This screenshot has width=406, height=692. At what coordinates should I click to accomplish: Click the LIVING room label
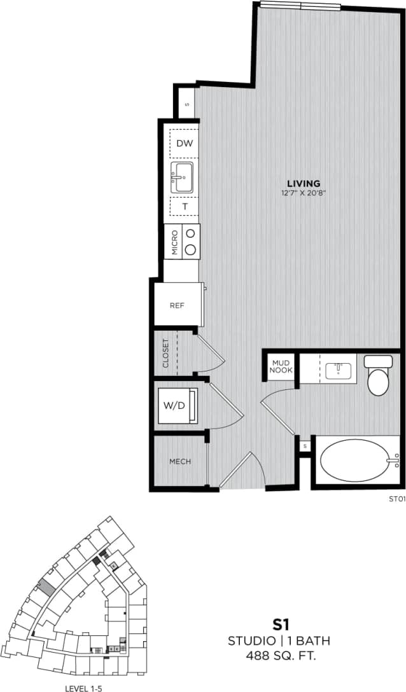(303, 184)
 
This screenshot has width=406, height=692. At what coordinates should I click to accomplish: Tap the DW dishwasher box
(184, 143)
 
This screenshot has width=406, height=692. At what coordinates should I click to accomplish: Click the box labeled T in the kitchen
(185, 206)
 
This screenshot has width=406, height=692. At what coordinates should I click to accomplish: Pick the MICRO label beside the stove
(174, 241)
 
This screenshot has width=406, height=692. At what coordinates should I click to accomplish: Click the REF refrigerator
(178, 305)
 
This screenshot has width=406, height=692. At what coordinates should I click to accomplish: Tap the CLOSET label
(165, 353)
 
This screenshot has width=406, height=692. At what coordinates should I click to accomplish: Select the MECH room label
(179, 462)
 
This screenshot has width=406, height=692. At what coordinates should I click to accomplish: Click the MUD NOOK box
(281, 367)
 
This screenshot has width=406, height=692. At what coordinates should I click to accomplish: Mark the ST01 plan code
(396, 499)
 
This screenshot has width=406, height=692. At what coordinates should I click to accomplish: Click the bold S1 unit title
(279, 625)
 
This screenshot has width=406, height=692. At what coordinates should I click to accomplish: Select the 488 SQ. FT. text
(279, 655)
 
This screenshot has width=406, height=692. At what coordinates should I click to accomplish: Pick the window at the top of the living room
(300, 6)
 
